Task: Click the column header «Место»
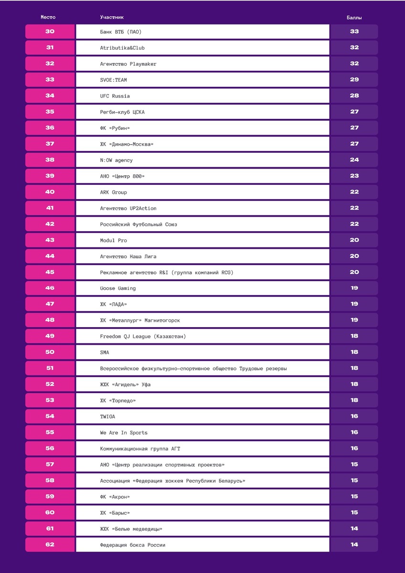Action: pos(48,17)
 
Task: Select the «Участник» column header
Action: pos(112,17)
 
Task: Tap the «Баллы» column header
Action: pos(354,17)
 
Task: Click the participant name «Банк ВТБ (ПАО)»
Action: pos(121,32)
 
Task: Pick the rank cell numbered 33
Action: pos(50,80)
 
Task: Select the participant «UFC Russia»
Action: pos(115,96)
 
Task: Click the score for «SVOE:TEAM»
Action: pos(354,80)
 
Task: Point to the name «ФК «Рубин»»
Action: pos(115,128)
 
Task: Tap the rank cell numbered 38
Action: pos(50,160)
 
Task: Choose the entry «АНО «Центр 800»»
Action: pos(122,176)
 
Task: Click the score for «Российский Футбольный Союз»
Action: pos(354,224)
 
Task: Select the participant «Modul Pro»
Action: pos(113,240)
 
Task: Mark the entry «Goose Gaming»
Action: pos(117,288)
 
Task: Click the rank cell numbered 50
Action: pos(50,352)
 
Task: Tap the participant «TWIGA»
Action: pos(107,417)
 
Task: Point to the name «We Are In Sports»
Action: pos(124,433)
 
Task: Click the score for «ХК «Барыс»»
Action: pos(354,513)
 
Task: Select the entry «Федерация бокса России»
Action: pos(133,545)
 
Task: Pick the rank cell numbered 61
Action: pos(50,529)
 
